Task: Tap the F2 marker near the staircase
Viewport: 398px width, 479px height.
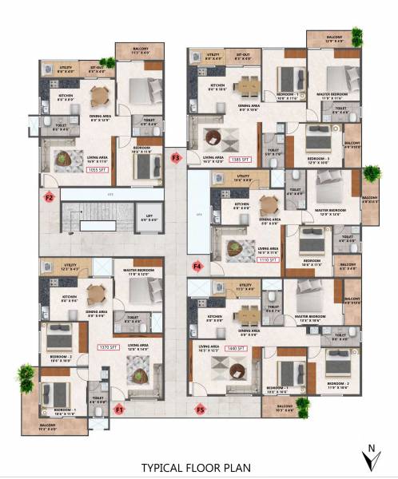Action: [x=49, y=197]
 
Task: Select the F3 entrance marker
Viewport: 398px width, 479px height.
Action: [x=177, y=158]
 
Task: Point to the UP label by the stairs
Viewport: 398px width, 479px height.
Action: [x=70, y=233]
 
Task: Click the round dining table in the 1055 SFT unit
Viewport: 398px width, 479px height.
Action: [x=99, y=97]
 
